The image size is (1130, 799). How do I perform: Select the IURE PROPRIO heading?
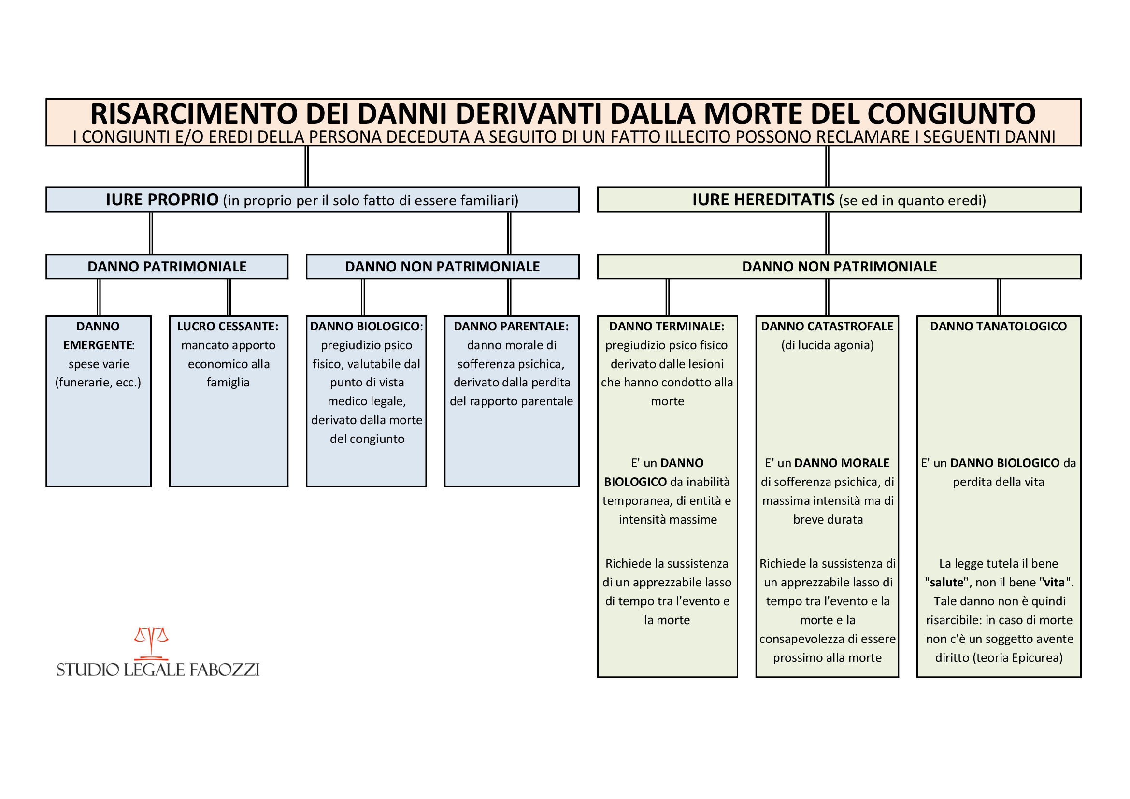pos(162,200)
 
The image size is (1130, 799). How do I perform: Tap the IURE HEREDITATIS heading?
pos(763,200)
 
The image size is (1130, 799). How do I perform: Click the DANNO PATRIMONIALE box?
pos(167,267)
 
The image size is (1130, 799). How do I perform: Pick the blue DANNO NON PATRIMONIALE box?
pos(443,267)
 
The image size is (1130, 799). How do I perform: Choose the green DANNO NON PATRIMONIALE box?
pos(839,267)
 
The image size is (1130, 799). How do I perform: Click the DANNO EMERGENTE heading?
pos(99,336)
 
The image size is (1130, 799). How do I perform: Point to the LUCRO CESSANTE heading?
pos(228,326)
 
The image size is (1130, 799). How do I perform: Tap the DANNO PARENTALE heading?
pos(511,326)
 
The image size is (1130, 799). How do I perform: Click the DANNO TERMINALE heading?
pos(667,326)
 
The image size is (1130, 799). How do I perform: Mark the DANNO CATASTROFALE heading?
pos(827,326)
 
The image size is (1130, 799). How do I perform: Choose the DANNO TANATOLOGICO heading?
pos(998,326)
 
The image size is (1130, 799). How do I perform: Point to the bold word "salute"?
pos(946,583)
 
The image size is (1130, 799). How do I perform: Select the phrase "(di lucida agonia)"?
pos(827,345)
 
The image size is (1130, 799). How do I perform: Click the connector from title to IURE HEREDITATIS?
pos(827,167)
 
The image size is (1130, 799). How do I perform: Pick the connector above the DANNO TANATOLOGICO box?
pos(999,298)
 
